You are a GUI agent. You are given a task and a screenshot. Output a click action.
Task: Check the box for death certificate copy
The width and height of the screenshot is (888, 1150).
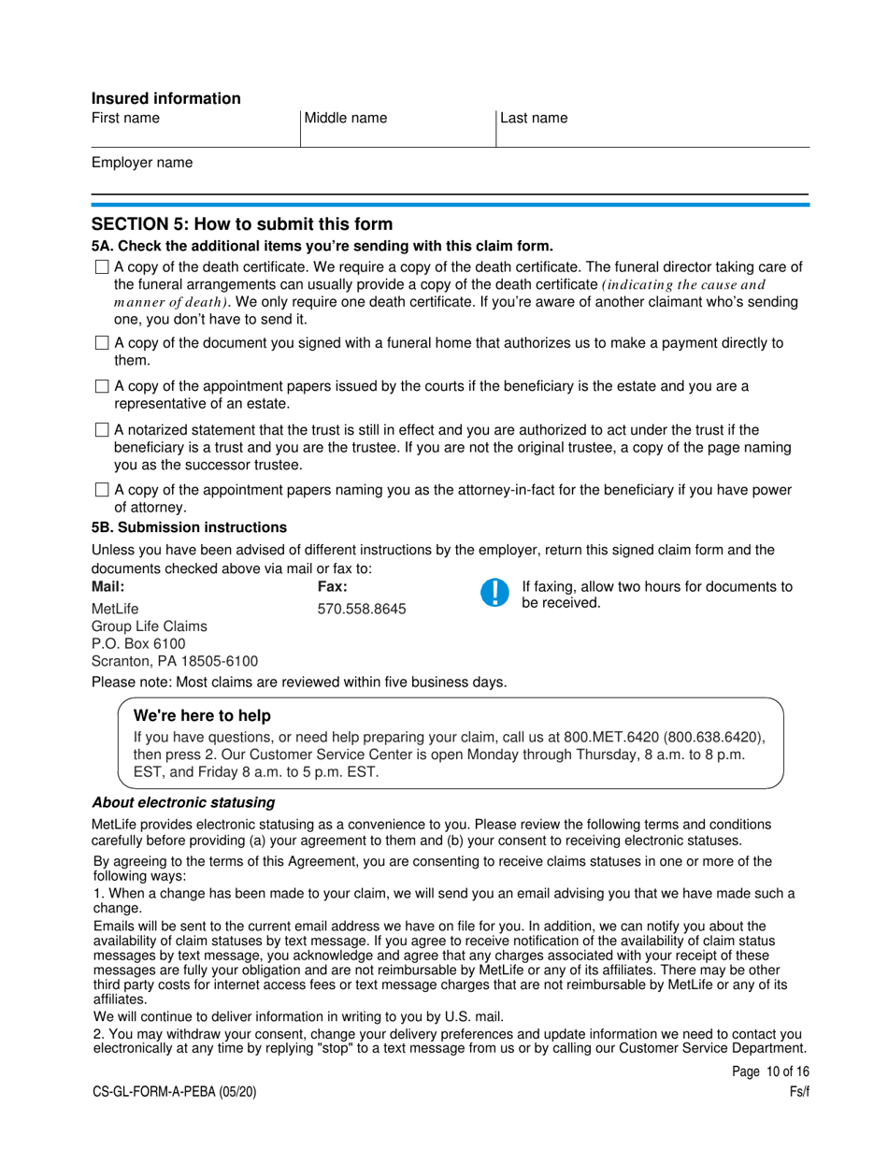(x=102, y=267)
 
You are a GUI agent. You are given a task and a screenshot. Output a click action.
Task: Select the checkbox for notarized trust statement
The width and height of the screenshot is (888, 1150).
(x=102, y=431)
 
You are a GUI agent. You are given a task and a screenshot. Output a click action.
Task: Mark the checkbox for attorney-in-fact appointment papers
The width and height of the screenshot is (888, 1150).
(x=102, y=491)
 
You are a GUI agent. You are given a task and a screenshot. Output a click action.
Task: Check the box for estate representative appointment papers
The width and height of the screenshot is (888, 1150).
(x=102, y=387)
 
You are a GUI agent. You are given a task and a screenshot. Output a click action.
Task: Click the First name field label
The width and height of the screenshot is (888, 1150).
(x=125, y=119)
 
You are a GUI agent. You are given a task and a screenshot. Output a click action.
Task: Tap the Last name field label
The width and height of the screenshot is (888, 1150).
(x=534, y=119)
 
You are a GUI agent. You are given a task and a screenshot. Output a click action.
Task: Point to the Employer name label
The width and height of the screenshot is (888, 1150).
(x=142, y=163)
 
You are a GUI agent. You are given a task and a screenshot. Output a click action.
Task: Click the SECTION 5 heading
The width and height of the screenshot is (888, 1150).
(x=242, y=224)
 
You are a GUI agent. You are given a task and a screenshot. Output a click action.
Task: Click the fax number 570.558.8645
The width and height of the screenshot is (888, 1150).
(x=362, y=609)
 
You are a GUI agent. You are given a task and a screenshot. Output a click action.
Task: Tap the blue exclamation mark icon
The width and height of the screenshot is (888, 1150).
(x=494, y=593)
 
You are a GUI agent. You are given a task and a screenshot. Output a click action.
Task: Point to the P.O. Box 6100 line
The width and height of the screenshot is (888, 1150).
(x=138, y=644)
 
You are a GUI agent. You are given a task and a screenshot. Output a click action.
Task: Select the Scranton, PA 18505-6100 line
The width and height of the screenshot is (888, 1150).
(x=175, y=662)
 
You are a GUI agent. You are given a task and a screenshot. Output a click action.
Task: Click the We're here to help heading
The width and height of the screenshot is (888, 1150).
(x=203, y=716)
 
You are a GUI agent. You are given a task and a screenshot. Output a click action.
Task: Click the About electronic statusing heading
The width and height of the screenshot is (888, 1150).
(x=182, y=803)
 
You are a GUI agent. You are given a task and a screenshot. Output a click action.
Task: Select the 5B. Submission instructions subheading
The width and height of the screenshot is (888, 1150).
(x=189, y=527)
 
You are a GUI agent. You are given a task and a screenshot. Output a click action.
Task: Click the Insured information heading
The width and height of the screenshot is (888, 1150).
(x=165, y=98)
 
